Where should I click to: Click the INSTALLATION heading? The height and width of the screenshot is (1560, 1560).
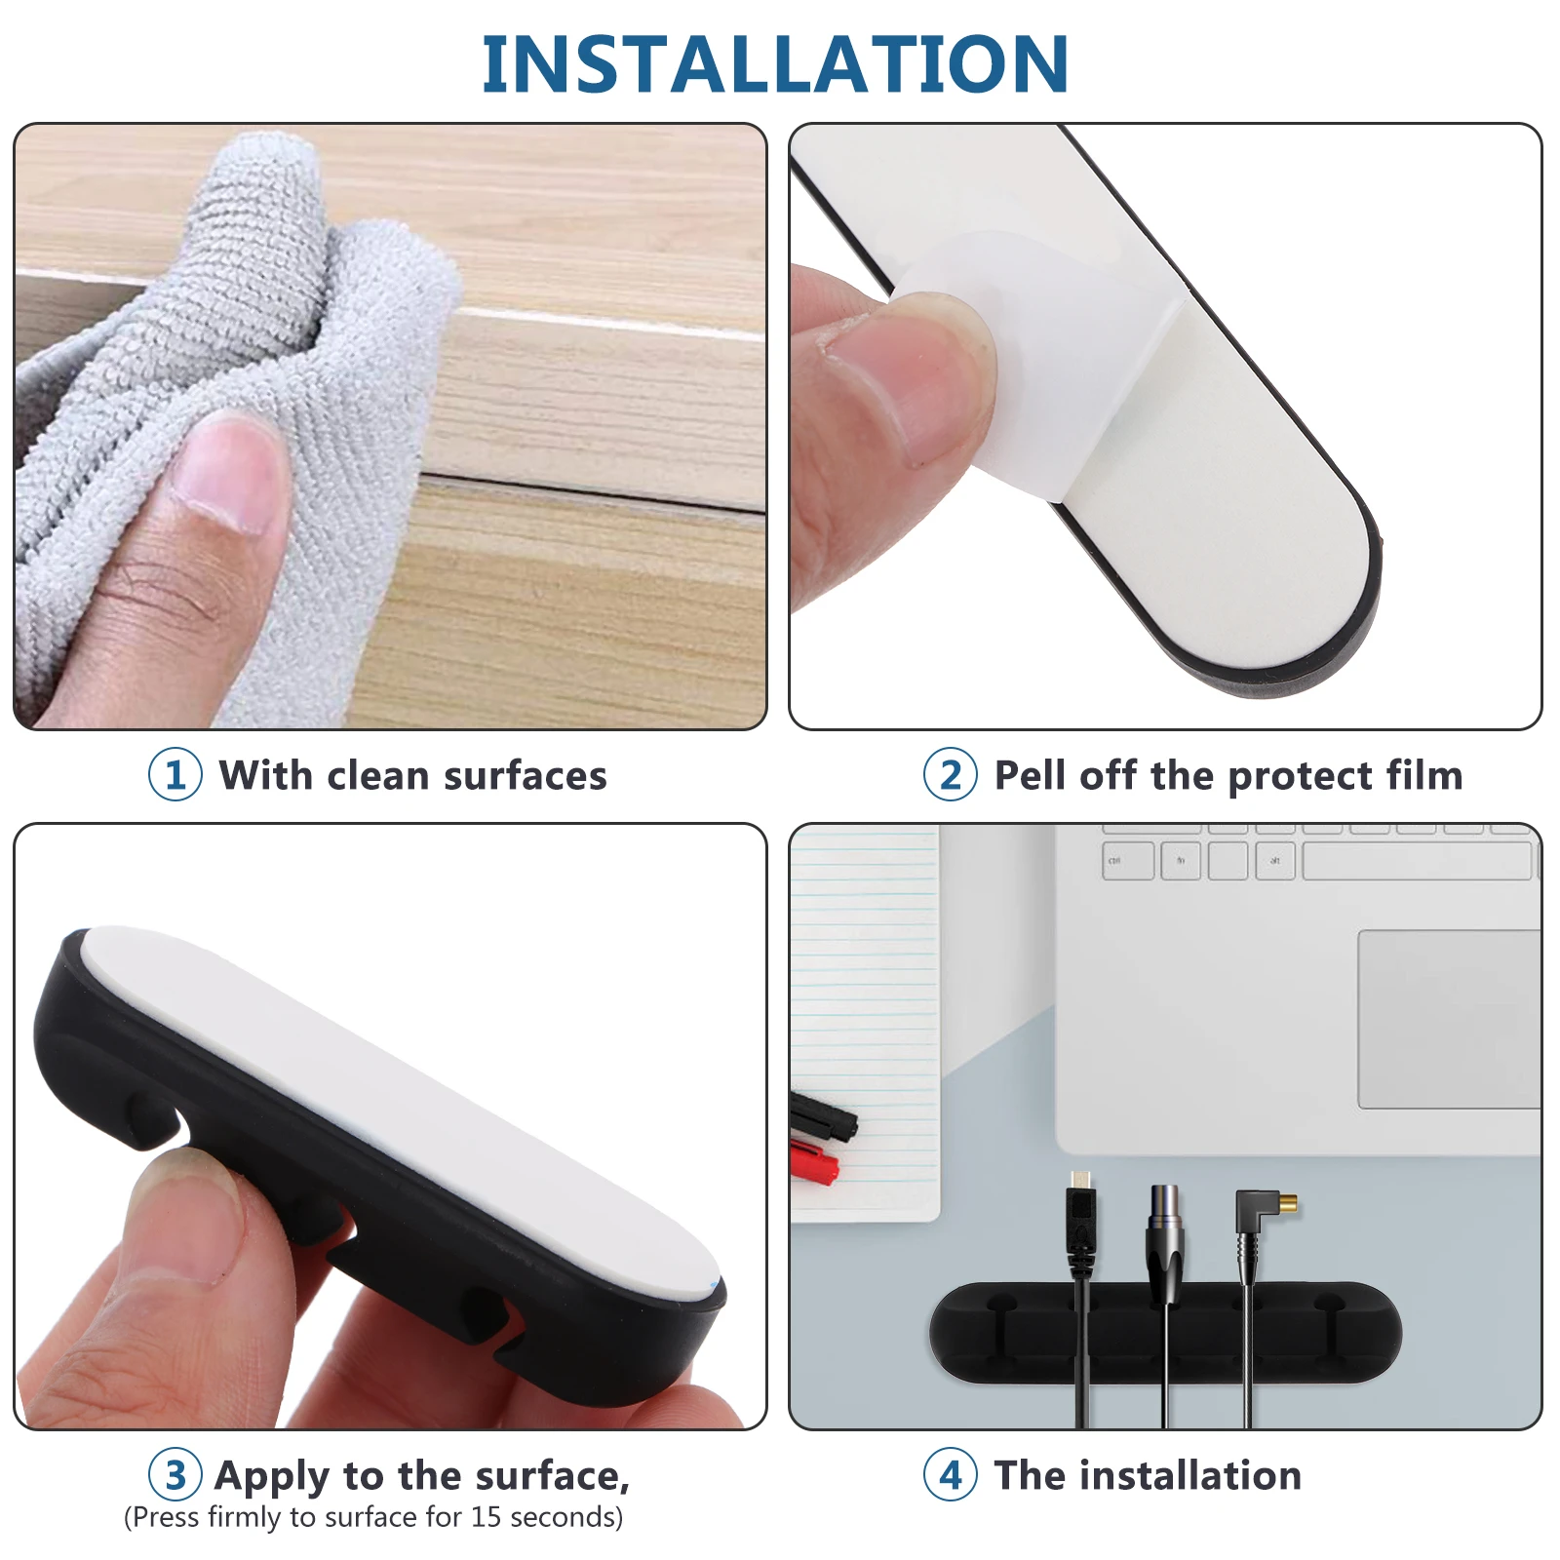[x=775, y=64]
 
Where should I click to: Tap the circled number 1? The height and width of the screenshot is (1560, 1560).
[x=175, y=775]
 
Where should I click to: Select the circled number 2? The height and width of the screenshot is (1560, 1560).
[x=951, y=775]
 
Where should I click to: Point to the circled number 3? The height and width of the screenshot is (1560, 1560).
[x=175, y=1475]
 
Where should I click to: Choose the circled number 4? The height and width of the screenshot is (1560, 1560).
[x=951, y=1475]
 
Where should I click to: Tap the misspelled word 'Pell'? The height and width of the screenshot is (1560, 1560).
[x=1031, y=776]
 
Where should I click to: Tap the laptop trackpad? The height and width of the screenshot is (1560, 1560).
[x=1448, y=1019]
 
